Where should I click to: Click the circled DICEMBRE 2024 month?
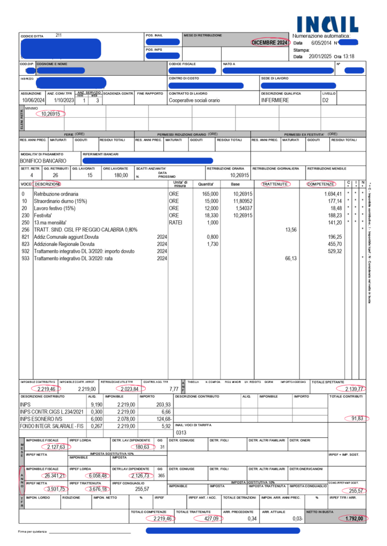[270, 43]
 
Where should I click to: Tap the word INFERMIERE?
[275, 100]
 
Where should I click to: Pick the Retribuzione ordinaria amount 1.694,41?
[331, 194]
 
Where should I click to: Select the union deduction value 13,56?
[291, 229]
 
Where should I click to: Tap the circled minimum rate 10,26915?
[50, 114]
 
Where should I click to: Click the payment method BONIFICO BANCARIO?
[43, 160]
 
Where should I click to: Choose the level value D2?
[326, 100]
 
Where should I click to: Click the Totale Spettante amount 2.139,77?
[353, 389]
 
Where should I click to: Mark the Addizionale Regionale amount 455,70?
[333, 244]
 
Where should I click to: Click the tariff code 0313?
[181, 432]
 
